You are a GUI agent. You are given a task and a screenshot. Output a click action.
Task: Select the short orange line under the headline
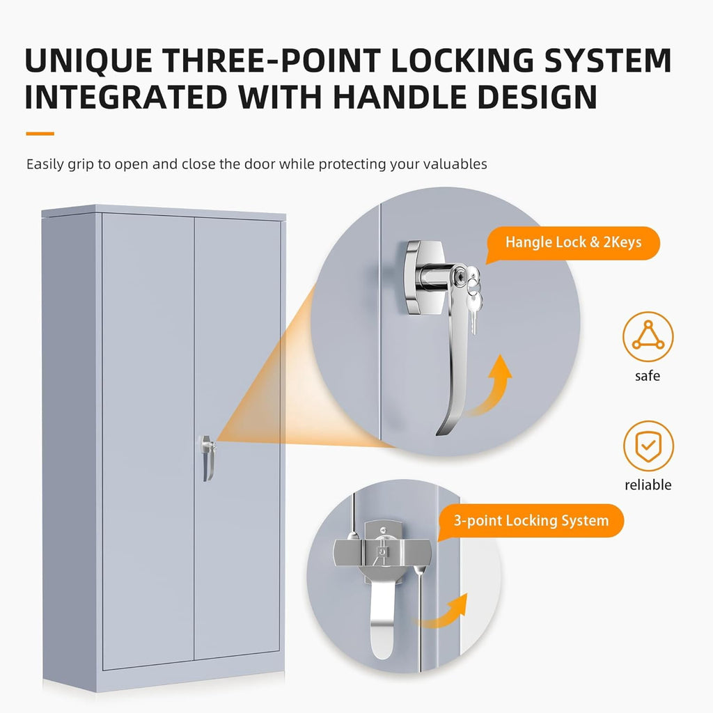pyautogui.click(x=40, y=134)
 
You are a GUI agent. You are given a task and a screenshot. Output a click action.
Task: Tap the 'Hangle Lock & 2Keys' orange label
pyautogui.click(x=573, y=243)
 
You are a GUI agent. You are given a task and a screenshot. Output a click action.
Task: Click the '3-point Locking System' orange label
pyautogui.click(x=531, y=521)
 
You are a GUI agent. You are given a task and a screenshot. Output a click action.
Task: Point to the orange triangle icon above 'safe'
pyautogui.click(x=648, y=336)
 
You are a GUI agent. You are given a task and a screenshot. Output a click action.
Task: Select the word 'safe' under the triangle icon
pyautogui.click(x=648, y=375)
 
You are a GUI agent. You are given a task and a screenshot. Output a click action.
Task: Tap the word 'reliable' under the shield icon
pyautogui.click(x=648, y=485)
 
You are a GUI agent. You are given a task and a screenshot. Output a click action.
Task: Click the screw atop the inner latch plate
pyautogui.click(x=384, y=529)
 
